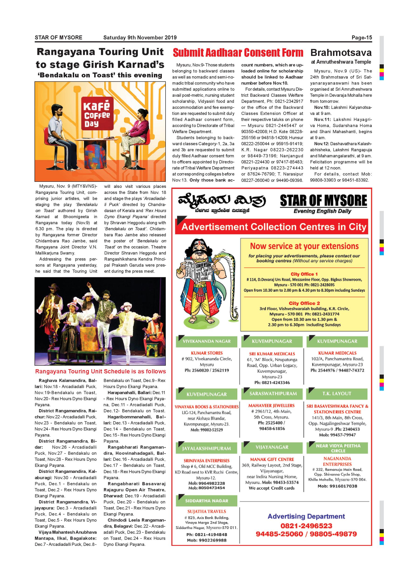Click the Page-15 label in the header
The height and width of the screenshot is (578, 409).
(361, 38)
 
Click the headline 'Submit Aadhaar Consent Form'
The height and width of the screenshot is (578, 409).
(238, 53)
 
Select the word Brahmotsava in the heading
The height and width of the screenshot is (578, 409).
(341, 53)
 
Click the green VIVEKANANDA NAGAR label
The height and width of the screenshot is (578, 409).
(207, 341)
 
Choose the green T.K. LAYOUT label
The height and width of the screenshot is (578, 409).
(337, 393)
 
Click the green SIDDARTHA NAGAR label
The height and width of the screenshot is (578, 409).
(207, 501)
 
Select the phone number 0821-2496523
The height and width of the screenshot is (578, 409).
(306, 526)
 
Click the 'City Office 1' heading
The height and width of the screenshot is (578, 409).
(304, 274)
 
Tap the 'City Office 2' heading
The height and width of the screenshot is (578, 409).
(304, 303)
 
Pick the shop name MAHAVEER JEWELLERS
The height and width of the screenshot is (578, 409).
(271, 406)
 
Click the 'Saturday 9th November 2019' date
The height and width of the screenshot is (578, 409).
(140, 38)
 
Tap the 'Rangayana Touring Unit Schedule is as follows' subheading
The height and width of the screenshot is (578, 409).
(100, 371)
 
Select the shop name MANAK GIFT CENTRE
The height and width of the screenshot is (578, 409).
(272, 459)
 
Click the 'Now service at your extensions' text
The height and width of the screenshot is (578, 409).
(304, 246)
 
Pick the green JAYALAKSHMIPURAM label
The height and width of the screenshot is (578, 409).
(207, 448)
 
